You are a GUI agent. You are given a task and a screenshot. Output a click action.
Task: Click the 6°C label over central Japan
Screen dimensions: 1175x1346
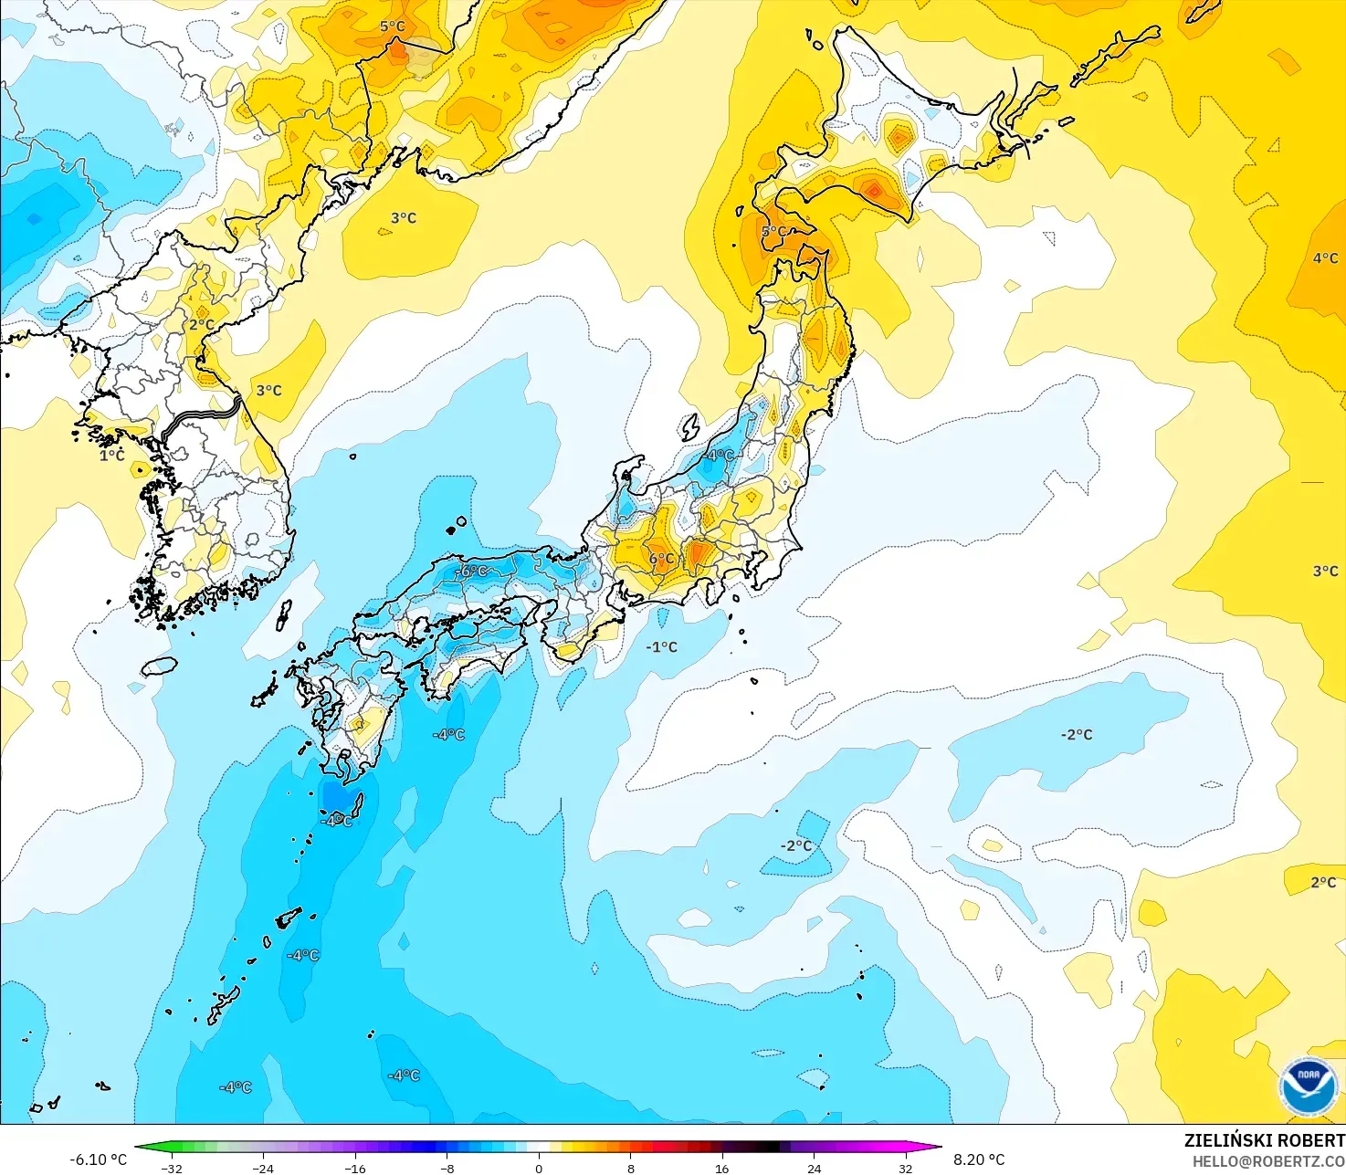coord(662,559)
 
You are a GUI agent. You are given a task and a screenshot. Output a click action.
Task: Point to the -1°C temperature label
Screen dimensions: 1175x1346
coord(662,646)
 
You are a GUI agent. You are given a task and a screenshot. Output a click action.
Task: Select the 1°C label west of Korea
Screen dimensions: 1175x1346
coord(112,455)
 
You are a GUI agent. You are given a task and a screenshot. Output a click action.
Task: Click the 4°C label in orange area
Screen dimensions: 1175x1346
coord(1325,258)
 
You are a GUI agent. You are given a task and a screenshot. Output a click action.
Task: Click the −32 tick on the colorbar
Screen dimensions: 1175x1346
coord(171,1168)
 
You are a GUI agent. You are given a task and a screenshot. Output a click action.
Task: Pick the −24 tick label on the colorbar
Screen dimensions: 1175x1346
coord(263,1168)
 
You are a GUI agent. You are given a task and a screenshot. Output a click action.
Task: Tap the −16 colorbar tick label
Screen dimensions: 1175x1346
coord(354,1168)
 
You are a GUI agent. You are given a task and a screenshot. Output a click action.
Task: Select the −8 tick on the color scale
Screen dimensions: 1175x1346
coord(447,1168)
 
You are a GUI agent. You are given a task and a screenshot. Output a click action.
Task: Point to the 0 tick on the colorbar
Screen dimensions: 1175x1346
coord(539,1168)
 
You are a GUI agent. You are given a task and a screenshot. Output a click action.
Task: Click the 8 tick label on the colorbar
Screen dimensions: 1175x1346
coord(631,1168)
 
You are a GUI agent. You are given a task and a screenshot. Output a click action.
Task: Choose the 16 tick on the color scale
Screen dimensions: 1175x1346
coord(722,1168)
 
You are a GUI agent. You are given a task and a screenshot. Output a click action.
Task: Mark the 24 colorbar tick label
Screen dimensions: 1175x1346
coord(815,1168)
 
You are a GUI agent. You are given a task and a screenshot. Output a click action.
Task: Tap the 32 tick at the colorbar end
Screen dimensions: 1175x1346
coord(906,1168)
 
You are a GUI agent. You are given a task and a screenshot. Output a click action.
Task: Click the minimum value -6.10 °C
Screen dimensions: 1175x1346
coord(98,1159)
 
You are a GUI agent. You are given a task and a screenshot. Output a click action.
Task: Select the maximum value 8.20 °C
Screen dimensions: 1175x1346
coord(979,1159)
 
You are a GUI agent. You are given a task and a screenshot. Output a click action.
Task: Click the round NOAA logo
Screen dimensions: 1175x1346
coord(1309,1086)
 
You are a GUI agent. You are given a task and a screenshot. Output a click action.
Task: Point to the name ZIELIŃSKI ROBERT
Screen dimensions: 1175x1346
coord(1264,1140)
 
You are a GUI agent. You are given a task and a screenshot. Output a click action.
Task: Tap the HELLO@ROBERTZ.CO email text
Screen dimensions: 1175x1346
coord(1268,1160)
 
